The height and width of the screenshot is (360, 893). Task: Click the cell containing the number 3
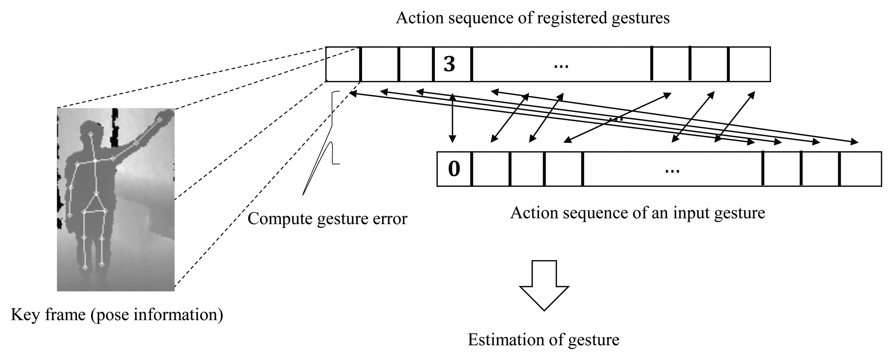452,64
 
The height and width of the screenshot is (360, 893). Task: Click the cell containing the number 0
454,169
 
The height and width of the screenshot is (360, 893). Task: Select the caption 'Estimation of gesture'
543,340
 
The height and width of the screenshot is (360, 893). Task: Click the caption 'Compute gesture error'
327,219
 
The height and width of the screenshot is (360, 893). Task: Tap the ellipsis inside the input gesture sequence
672,170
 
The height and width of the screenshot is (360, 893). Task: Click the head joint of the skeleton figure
91,135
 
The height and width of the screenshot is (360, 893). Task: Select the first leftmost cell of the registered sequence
343,64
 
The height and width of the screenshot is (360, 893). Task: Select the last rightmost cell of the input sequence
860,169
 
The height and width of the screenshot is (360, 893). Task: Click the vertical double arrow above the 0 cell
452,118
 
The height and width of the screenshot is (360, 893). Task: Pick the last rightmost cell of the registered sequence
749,64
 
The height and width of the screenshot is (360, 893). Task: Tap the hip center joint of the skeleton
96,193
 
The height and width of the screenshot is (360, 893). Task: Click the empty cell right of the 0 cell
491,169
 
